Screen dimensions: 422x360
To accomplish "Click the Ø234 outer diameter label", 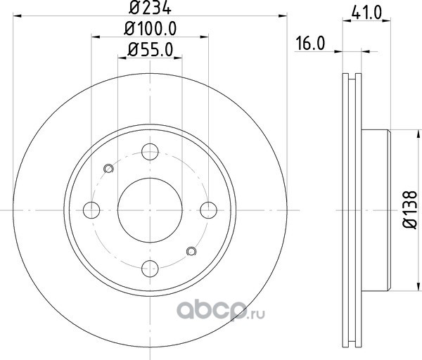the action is [x=150, y=7].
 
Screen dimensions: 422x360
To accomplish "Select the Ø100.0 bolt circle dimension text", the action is [x=151, y=29].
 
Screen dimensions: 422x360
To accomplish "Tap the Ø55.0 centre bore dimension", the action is [x=151, y=50].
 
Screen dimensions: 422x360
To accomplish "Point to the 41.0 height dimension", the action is [x=366, y=13].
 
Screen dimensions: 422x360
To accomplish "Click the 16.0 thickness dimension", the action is [x=310, y=44].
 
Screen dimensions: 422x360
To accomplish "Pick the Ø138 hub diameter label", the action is [x=409, y=210].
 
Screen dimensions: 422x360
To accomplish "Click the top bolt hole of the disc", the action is [x=150, y=152].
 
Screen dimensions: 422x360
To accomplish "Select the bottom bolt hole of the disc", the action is [x=150, y=269].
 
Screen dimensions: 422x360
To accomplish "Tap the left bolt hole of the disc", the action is [x=91, y=210].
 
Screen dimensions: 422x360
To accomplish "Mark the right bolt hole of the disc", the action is [x=209, y=210].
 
